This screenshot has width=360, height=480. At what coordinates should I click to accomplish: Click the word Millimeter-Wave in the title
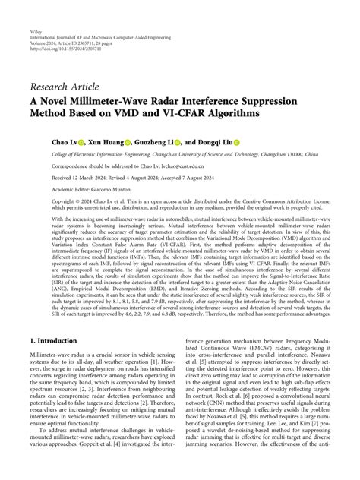tap(140, 97)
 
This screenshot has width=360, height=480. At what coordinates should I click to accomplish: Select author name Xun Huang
tap(105, 142)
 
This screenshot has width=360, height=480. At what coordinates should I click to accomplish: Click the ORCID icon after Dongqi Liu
tap(236, 142)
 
